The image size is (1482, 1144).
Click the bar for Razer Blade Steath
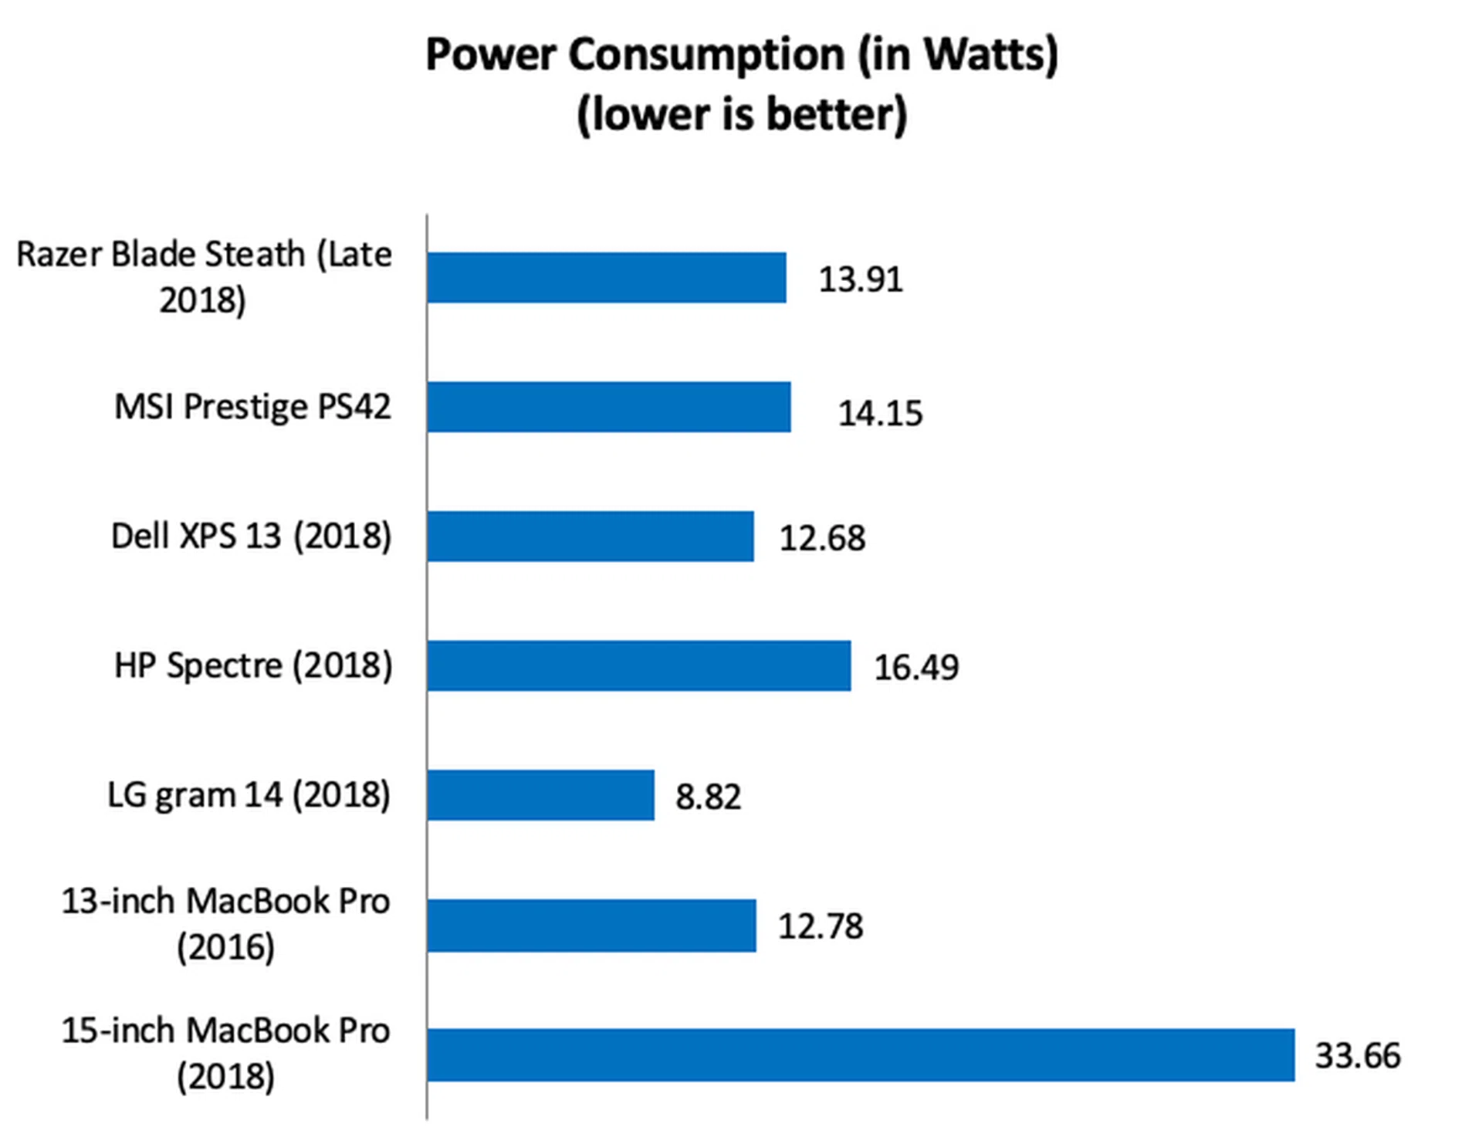coord(607,277)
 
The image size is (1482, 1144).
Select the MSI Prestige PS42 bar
coord(609,407)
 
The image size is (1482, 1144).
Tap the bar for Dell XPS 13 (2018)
coord(590,536)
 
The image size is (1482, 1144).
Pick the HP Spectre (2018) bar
coord(639,665)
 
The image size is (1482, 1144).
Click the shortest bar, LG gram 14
coord(540,794)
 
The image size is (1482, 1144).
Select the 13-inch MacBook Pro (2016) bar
coord(591,925)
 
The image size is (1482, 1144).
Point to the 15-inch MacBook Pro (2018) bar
coord(861,1054)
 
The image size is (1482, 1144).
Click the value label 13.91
coord(861,279)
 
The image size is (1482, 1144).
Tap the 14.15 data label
coord(881,414)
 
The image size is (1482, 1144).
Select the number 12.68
coord(822,538)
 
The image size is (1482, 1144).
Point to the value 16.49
coord(916,668)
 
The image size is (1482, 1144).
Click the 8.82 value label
coord(708,797)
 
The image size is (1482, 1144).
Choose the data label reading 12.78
coord(821,926)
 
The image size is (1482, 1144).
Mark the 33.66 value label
coord(1358,1056)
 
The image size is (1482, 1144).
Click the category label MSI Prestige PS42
coord(253,407)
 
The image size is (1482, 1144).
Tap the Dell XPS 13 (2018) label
coord(252,536)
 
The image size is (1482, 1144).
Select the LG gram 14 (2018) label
coord(249,794)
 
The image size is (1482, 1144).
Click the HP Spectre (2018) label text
coord(253,665)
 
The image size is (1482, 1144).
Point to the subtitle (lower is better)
coord(742,114)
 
